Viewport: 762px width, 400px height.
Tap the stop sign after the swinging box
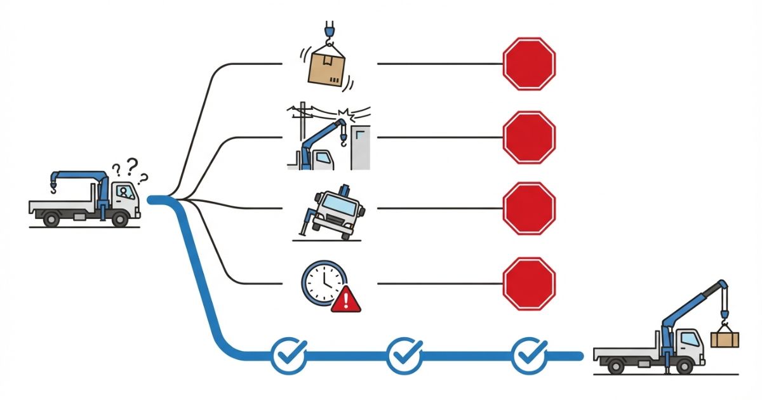[x=529, y=63]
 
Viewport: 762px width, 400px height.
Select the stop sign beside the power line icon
[x=529, y=136]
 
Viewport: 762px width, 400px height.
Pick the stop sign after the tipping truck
[x=529, y=208]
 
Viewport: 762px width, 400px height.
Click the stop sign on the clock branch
[x=529, y=283]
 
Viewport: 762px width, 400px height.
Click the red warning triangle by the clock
[x=345, y=298]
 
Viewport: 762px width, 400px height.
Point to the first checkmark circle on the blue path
[x=289, y=356]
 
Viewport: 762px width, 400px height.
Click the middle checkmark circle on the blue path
[x=404, y=356]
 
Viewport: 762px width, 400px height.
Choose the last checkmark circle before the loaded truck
[x=530, y=356]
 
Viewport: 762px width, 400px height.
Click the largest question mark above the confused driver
[x=132, y=166]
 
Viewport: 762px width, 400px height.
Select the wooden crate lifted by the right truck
[x=725, y=339]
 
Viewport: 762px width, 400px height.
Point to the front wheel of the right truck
[x=685, y=366]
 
